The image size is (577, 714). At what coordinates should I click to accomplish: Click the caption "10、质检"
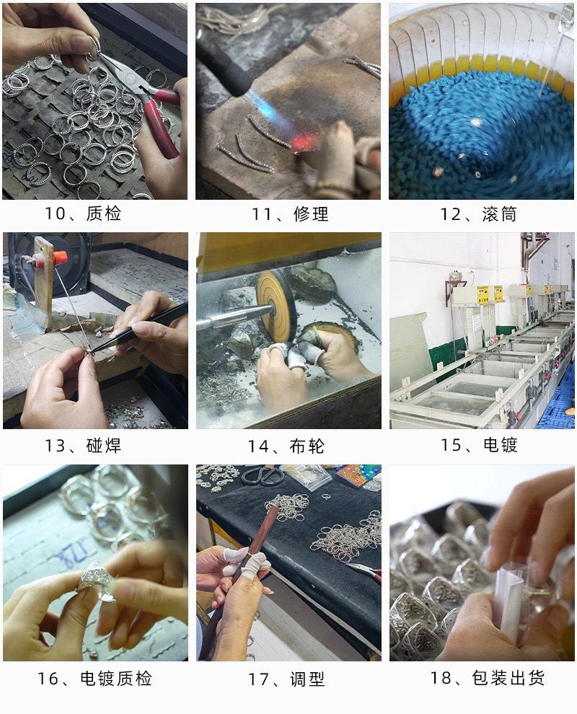coord(83,213)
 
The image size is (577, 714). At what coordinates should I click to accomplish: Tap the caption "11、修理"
coord(290,214)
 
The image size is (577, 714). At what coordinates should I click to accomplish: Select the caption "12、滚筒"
coord(478,214)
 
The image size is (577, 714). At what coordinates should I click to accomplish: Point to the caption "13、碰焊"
coord(83,445)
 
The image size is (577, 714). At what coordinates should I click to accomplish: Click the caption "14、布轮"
coord(286,446)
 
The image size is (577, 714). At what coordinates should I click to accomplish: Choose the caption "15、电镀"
coord(479,444)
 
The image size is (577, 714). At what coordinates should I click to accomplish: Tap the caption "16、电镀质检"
coord(94,679)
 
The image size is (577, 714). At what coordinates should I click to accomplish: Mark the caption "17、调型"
coord(286,679)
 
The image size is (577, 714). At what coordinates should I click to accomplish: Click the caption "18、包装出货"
coord(488,677)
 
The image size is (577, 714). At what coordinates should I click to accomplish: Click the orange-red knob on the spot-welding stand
coord(60,258)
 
